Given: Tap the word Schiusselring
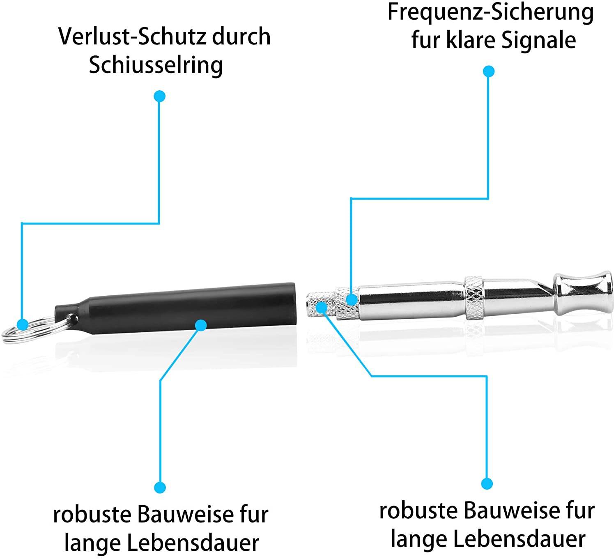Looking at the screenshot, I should tap(156, 65).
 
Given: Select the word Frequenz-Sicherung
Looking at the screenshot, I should tap(490, 12).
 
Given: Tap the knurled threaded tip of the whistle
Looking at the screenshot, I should tap(320, 304).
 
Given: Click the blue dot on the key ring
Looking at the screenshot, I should tap(23, 325).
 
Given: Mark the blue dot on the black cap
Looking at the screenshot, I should tap(201, 325).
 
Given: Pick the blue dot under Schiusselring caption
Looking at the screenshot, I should tap(159, 97).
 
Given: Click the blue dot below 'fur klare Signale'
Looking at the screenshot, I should tap(488, 71).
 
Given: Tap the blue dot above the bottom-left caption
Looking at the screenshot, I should tap(160, 488).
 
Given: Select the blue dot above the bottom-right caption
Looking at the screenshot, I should tap(487, 483).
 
